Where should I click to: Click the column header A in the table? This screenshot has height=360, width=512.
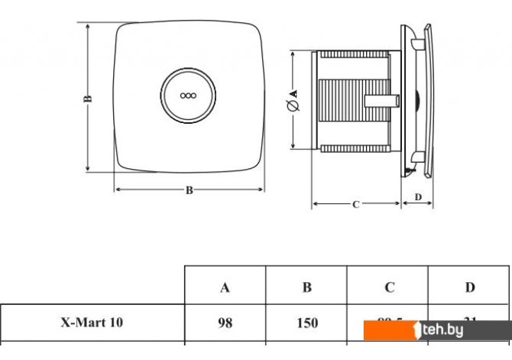click(225, 287)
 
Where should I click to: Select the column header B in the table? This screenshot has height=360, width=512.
click(306, 287)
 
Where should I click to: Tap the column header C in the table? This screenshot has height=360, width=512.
click(389, 287)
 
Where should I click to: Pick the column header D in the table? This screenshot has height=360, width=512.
click(470, 287)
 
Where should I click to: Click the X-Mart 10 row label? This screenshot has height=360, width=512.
click(91, 323)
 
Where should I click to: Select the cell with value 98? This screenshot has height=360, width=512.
click(225, 323)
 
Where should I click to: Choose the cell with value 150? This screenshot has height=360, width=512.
click(306, 323)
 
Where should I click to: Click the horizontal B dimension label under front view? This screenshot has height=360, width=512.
click(189, 191)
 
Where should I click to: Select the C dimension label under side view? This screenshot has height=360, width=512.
click(356, 204)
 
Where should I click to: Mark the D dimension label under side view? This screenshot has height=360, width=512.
click(418, 196)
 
